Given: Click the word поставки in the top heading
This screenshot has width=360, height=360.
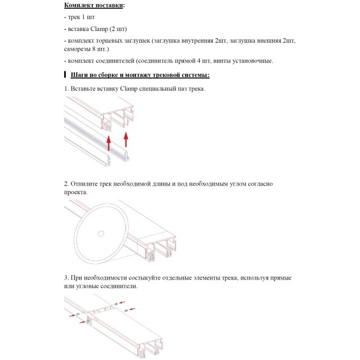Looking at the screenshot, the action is click(109, 5).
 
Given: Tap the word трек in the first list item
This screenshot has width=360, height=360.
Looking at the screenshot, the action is click(74, 17).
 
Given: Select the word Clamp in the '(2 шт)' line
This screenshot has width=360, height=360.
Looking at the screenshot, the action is click(99, 29).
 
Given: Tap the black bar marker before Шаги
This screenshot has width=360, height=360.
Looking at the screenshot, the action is click(65, 75).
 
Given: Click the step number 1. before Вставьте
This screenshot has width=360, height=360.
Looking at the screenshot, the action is click(66, 89).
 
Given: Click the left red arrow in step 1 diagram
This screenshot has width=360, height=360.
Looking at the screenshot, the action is click(109, 143).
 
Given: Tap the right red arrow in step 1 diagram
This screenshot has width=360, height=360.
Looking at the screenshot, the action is click(126, 139).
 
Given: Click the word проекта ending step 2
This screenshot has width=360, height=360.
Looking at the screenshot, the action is click(75, 192).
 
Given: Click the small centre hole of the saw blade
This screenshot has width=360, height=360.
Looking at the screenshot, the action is click(101, 234).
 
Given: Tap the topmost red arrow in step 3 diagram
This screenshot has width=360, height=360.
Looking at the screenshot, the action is click(122, 303).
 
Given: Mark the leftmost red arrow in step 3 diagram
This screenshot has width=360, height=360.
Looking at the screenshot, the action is click(73, 316).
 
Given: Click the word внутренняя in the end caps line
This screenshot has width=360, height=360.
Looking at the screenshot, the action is click(197, 41).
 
